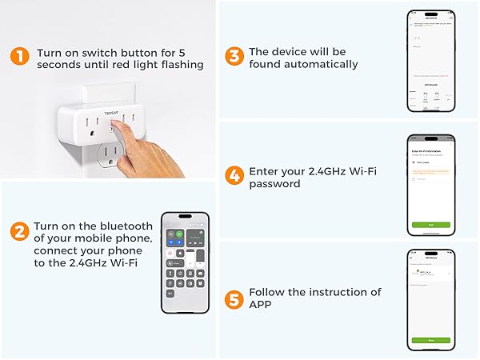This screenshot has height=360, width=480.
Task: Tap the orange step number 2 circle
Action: pyautogui.click(x=19, y=233)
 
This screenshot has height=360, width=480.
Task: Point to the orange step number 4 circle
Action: pyautogui.click(x=234, y=177)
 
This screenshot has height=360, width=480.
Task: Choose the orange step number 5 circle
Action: pyautogui.click(x=234, y=299)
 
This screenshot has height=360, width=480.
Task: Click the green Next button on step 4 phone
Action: pyautogui.click(x=430, y=225)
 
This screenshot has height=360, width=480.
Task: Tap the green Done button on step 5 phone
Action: pyautogui.click(x=430, y=340)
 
